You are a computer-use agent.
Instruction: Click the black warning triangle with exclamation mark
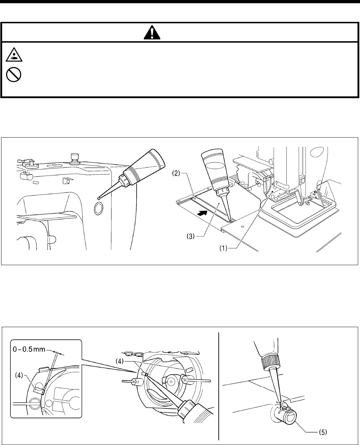[152, 33]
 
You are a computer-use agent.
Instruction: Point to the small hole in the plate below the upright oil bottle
[243, 227]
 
